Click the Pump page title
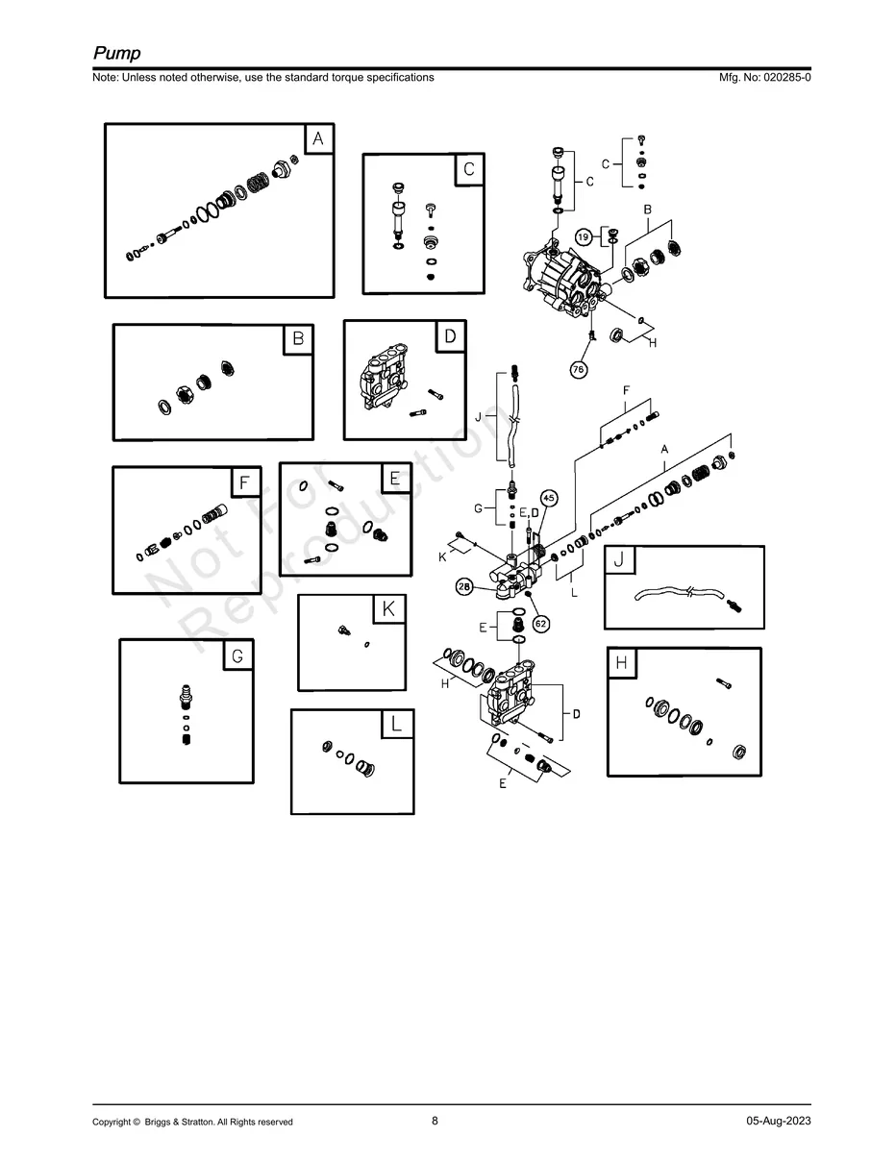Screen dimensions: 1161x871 point(116,54)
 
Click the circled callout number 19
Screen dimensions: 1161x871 point(584,236)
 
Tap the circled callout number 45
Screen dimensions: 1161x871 point(548,498)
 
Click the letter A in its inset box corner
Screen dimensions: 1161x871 point(318,139)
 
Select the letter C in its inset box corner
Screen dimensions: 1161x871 point(468,169)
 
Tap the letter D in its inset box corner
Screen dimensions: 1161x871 point(450,336)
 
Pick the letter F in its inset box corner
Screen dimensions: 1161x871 point(245,482)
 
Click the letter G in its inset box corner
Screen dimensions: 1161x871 point(238,655)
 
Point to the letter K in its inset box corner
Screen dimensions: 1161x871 point(388,609)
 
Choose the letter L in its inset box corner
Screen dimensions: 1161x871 point(397,725)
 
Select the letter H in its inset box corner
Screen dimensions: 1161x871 point(622,663)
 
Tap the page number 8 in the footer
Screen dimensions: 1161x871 point(435,1121)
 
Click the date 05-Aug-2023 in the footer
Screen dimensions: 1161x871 point(778,1122)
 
